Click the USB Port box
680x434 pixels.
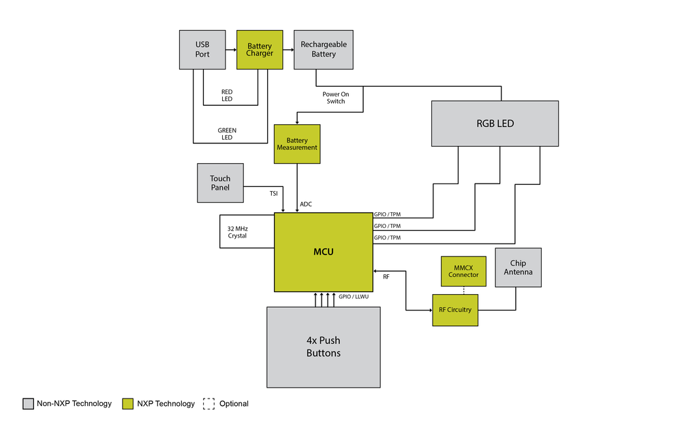pos(202,50)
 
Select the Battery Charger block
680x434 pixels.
pos(260,50)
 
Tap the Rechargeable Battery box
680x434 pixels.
pos(324,50)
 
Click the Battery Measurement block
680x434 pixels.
pos(297,144)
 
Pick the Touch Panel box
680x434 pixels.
pos(220,183)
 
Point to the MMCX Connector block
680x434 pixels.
pos(463,271)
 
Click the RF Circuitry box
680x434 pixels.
pos(455,310)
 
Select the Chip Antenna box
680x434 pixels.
pos(518,267)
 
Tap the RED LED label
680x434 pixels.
pos(227,96)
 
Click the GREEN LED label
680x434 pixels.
pos(227,134)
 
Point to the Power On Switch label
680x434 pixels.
pos(336,98)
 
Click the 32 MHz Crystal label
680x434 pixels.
pos(237,232)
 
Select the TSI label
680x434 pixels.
pos(273,194)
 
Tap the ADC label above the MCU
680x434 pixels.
pos(306,204)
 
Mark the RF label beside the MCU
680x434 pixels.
pos(386,277)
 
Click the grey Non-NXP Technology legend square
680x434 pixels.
pos(28,404)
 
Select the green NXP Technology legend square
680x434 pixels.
pos(127,404)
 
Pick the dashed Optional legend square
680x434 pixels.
pos(208,404)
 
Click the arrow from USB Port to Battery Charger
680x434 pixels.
pos(231,50)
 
